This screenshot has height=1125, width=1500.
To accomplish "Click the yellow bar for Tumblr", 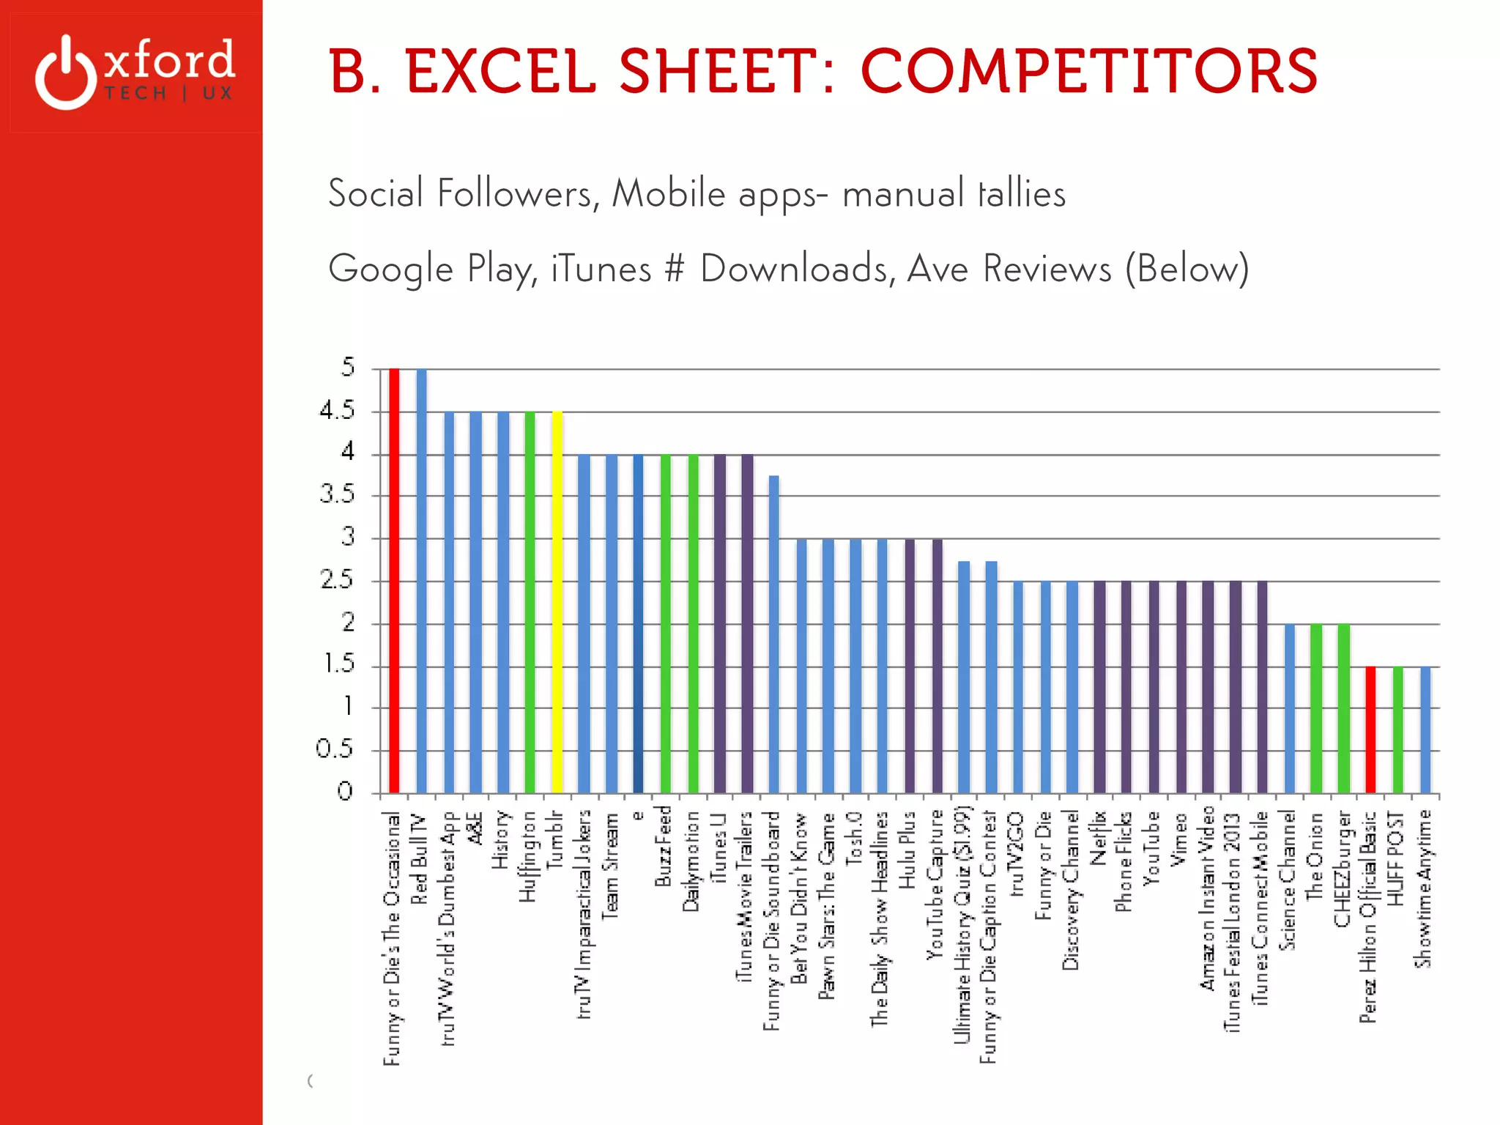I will point(557,601).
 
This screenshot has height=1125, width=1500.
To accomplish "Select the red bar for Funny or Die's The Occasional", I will point(394,579).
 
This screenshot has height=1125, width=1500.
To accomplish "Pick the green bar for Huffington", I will point(530,601).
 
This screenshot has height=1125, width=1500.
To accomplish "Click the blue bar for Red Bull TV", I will point(421,579).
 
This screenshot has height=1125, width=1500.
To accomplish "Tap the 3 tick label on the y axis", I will point(348,538).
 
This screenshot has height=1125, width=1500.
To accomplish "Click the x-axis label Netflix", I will point(1098,839).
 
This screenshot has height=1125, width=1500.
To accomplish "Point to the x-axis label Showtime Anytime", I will point(1423,888).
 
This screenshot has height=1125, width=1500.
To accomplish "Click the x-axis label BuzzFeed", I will point(663,846).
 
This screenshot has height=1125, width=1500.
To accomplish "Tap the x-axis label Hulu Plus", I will point(907,850).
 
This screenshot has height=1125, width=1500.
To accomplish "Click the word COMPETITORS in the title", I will point(1088,72).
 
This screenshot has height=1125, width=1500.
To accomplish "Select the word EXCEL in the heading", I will point(500,72).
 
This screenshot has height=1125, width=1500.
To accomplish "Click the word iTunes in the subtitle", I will point(601,269).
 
